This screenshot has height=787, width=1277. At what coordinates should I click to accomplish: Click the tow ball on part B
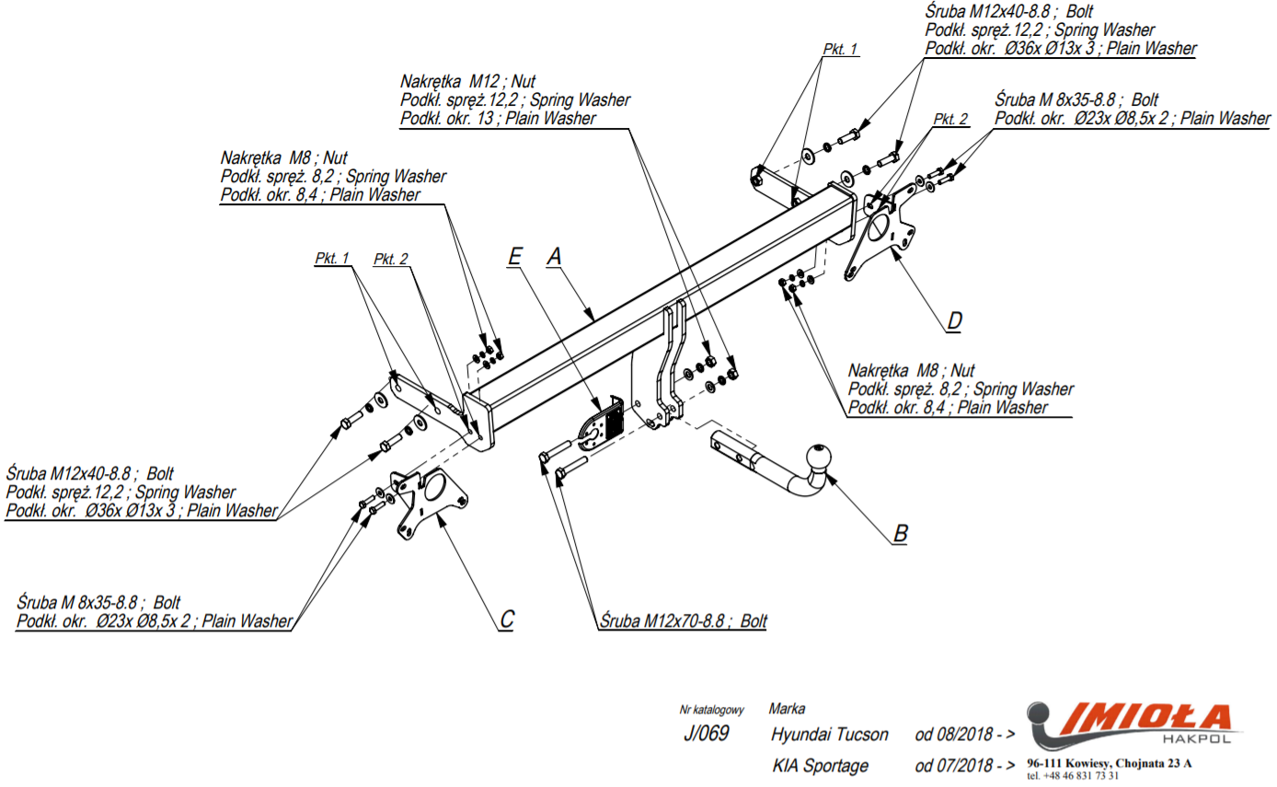point(818,457)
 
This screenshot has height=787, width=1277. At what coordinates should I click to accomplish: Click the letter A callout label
point(554,257)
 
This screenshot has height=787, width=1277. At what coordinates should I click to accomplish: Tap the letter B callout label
point(901,533)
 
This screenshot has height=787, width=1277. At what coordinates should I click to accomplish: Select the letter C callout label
point(507,619)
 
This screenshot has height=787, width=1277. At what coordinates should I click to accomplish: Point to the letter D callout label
point(954,320)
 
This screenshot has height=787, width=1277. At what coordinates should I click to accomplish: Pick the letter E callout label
point(515,257)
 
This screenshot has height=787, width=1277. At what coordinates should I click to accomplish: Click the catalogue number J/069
point(707,733)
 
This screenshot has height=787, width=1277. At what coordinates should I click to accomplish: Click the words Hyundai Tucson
point(830,734)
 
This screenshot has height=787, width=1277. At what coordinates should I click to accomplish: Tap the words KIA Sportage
point(821,765)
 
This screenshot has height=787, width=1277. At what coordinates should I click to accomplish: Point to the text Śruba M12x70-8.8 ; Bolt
point(683,620)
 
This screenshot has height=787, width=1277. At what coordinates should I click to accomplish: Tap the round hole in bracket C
point(435,486)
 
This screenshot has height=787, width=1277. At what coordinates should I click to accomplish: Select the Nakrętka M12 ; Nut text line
point(467,82)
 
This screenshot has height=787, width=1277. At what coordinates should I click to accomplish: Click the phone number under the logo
point(1073,776)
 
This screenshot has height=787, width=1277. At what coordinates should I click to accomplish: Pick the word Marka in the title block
point(787,709)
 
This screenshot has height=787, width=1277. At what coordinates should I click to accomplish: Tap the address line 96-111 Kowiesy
point(1110,763)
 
